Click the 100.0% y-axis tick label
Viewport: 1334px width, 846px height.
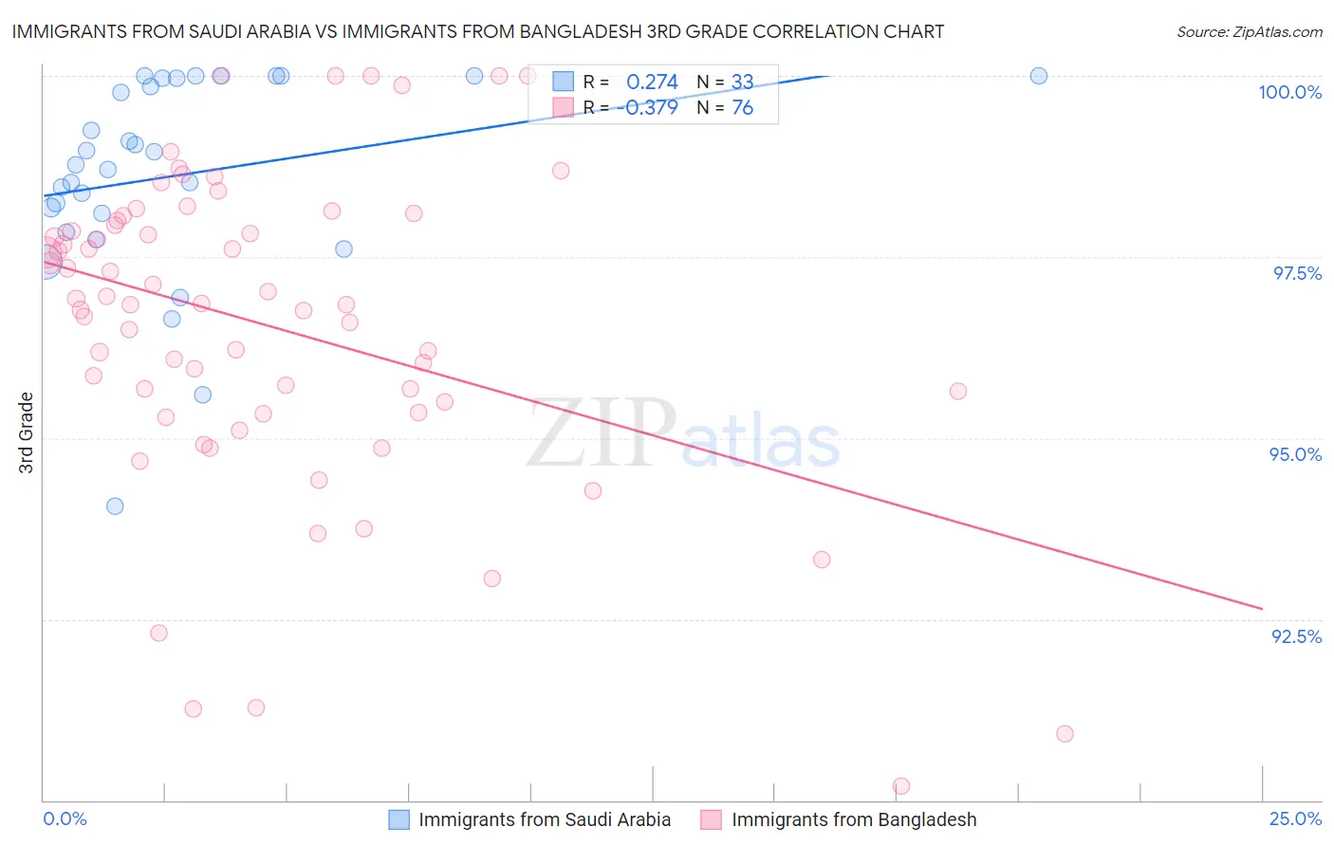coord(1289,92)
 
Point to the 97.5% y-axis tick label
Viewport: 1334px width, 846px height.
coord(1296,273)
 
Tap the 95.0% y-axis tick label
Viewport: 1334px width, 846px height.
coord(1295,454)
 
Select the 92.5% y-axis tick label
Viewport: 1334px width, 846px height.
coord(1296,636)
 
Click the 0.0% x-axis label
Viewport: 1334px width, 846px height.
coord(65,818)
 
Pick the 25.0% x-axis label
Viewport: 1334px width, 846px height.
coord(1295,818)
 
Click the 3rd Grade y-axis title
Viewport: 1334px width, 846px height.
coord(27,432)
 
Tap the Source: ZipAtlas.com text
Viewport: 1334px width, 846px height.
coord(1249,32)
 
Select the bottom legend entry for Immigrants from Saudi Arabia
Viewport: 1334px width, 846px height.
coord(531,819)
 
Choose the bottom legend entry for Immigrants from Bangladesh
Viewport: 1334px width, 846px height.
coord(839,819)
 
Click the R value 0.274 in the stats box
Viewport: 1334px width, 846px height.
coord(652,83)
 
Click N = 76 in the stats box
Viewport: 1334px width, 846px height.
coord(725,108)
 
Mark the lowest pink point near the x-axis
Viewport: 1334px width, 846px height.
coord(901,786)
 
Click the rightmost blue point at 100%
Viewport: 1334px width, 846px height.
coord(1039,76)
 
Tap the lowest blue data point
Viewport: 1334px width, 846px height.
coord(115,506)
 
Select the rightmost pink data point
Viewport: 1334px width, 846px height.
coord(1065,734)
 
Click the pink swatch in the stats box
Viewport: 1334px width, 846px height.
coord(564,108)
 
